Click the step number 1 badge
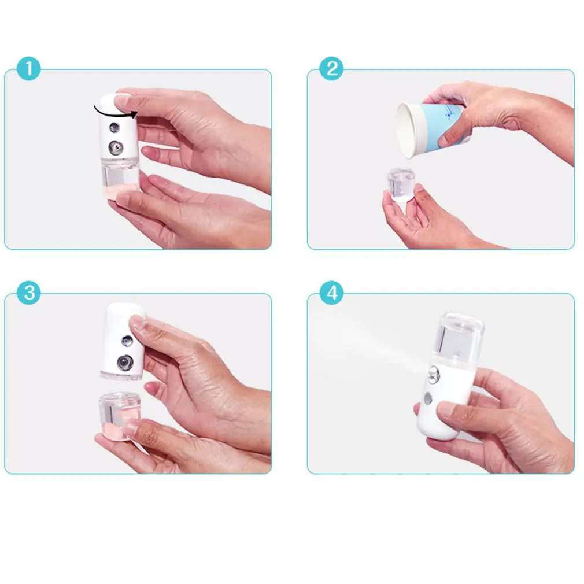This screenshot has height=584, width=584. (x=29, y=69)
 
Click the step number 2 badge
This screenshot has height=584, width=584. (x=331, y=69)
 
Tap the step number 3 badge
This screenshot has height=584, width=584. (x=29, y=293)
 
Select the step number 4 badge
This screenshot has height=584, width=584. (x=331, y=293)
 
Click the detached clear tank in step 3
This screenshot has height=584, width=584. (x=118, y=415)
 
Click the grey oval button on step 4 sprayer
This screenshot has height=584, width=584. (x=427, y=400)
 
